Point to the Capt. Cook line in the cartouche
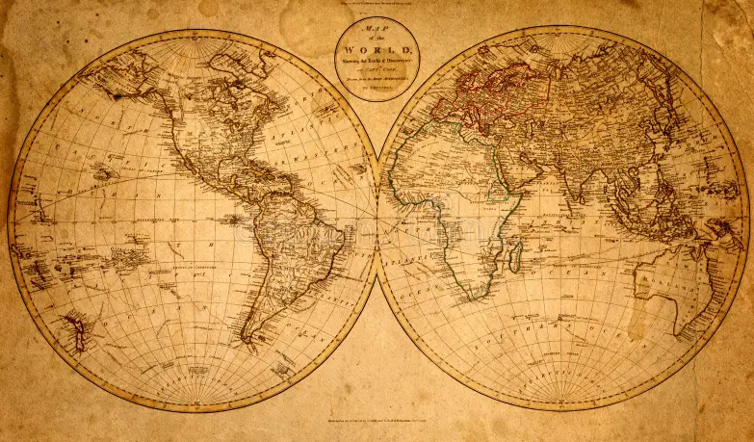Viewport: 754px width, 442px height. (x=377, y=70)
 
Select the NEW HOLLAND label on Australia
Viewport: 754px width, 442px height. (x=687, y=279)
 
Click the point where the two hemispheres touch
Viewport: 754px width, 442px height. (x=377, y=221)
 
